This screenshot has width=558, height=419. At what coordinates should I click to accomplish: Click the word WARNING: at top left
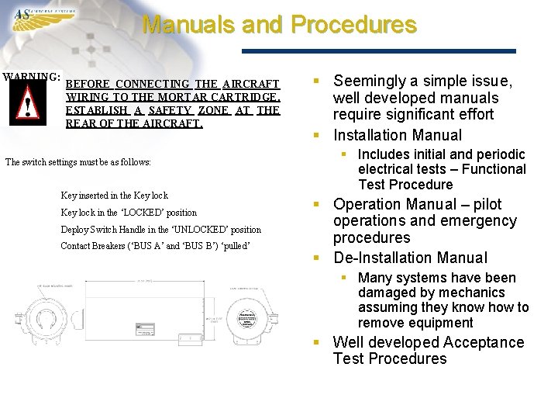pos(32,77)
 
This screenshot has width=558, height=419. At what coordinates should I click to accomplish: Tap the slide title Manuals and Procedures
pos(279,25)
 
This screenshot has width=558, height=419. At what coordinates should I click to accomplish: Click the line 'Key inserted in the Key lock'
pos(114,196)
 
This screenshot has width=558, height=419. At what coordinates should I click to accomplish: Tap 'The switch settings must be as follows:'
pos(77,162)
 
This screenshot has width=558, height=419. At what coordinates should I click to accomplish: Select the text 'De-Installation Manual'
pos(410,258)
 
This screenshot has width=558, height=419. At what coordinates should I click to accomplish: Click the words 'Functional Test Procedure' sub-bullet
pos(442,177)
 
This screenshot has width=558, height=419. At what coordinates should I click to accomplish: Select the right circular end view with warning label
pos(247,318)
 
